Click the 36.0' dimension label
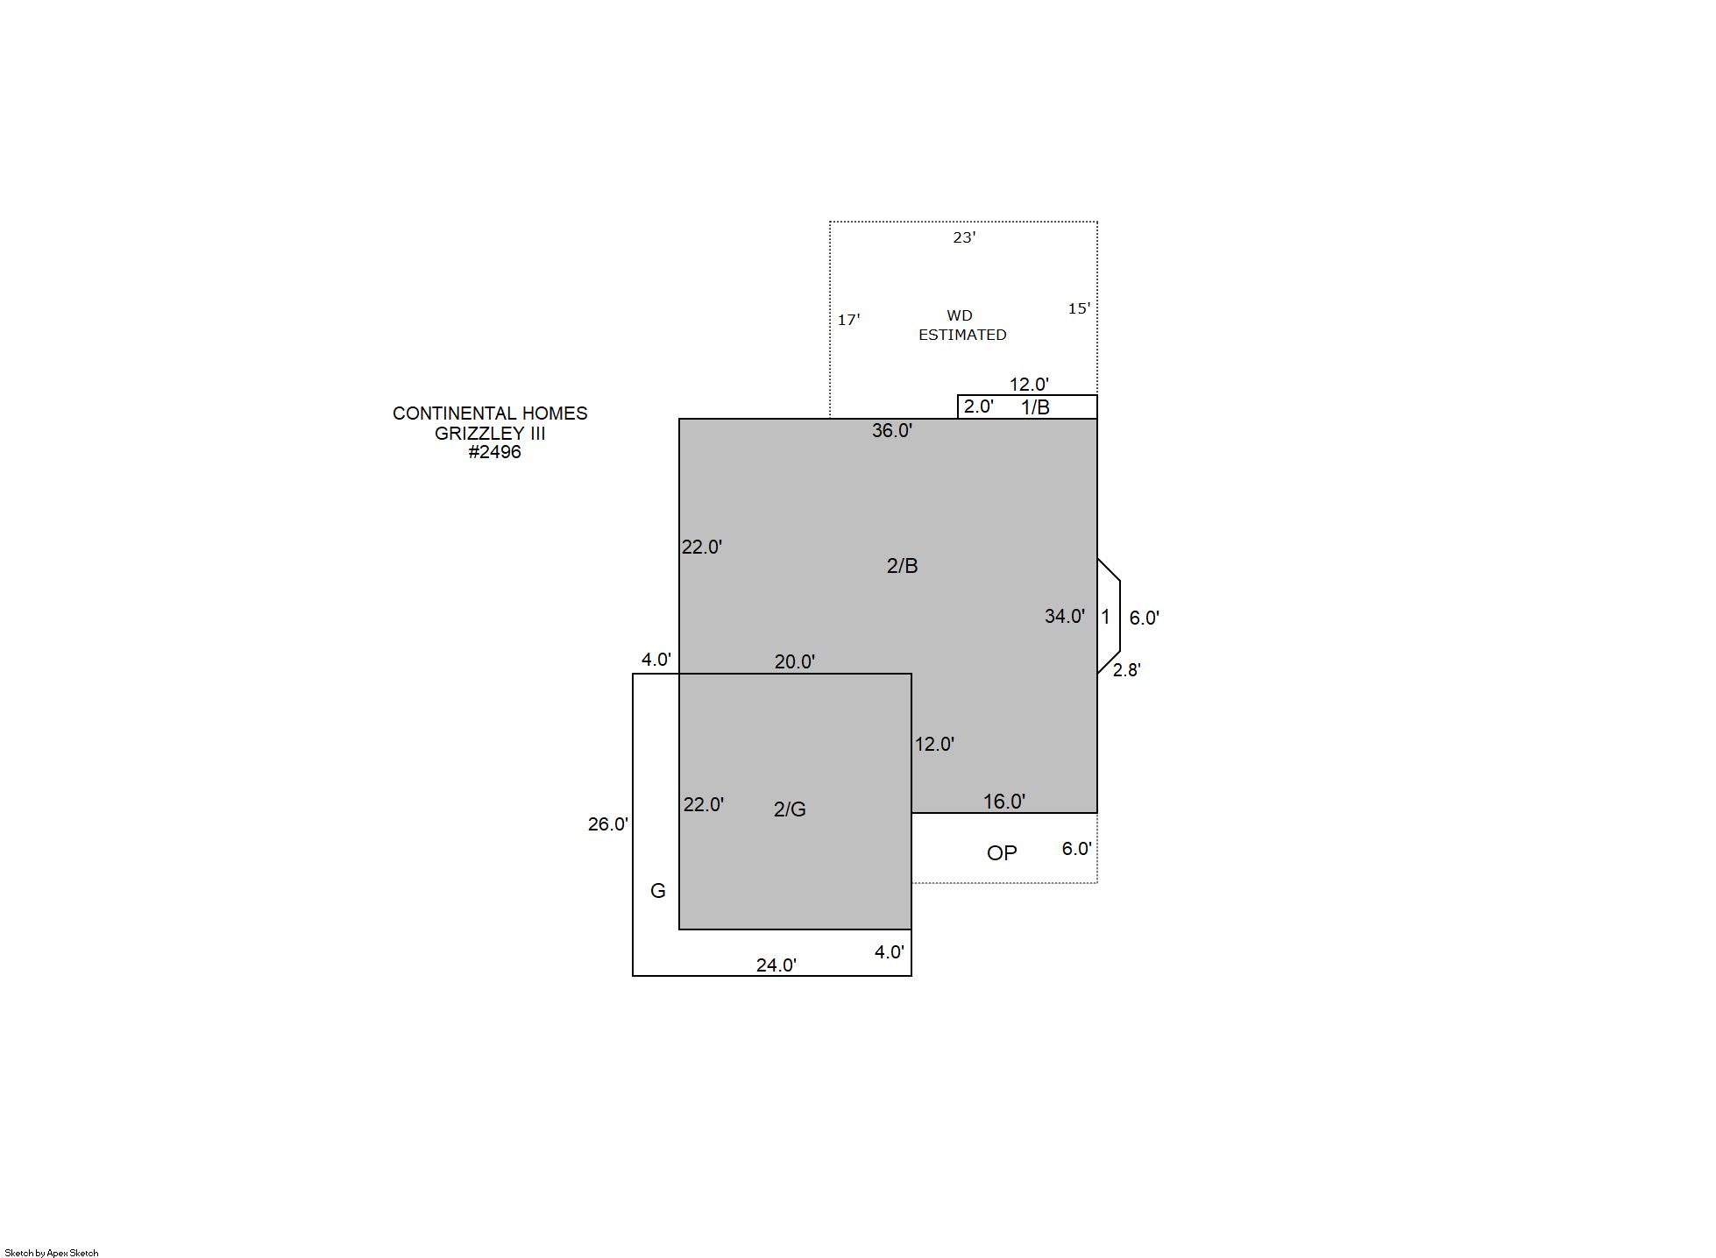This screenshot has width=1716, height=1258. click(x=892, y=430)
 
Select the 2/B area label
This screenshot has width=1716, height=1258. click(x=902, y=566)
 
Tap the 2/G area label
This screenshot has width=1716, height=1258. click(x=790, y=809)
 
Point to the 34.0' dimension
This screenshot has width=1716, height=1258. click(x=1065, y=616)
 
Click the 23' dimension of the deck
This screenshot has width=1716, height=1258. click(x=964, y=237)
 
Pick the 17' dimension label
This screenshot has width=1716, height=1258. click(x=848, y=320)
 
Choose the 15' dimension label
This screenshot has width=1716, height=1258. click(x=1079, y=308)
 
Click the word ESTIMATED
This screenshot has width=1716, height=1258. click(x=962, y=335)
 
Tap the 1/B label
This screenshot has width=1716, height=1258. click(x=1035, y=407)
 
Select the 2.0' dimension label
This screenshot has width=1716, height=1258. click(x=979, y=406)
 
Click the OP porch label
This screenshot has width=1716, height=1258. click(x=1002, y=853)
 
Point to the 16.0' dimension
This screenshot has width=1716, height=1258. click(x=1004, y=802)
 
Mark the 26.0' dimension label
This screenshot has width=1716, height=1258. click(x=608, y=824)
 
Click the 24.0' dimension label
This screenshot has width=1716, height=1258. click(x=776, y=965)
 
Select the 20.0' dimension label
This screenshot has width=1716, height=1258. click(x=795, y=662)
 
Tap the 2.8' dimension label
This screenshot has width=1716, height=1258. click(x=1127, y=670)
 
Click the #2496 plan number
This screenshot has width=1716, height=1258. click(x=494, y=452)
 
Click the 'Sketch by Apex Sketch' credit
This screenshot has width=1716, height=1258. click(x=52, y=1253)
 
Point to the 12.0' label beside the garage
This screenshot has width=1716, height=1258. click(x=935, y=744)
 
